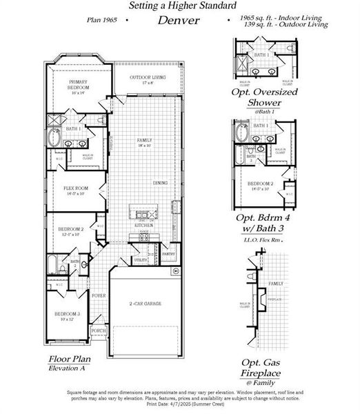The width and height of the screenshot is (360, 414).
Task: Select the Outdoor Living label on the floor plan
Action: (x=147, y=78)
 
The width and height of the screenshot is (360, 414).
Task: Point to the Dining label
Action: (x=161, y=183)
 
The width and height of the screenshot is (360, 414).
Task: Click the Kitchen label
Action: (x=143, y=225)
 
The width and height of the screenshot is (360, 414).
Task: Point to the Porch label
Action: (x=99, y=331)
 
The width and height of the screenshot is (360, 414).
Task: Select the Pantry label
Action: (x=168, y=255)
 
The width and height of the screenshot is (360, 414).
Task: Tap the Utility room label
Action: (x=140, y=260)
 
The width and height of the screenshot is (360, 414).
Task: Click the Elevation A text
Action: (x=68, y=369)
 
